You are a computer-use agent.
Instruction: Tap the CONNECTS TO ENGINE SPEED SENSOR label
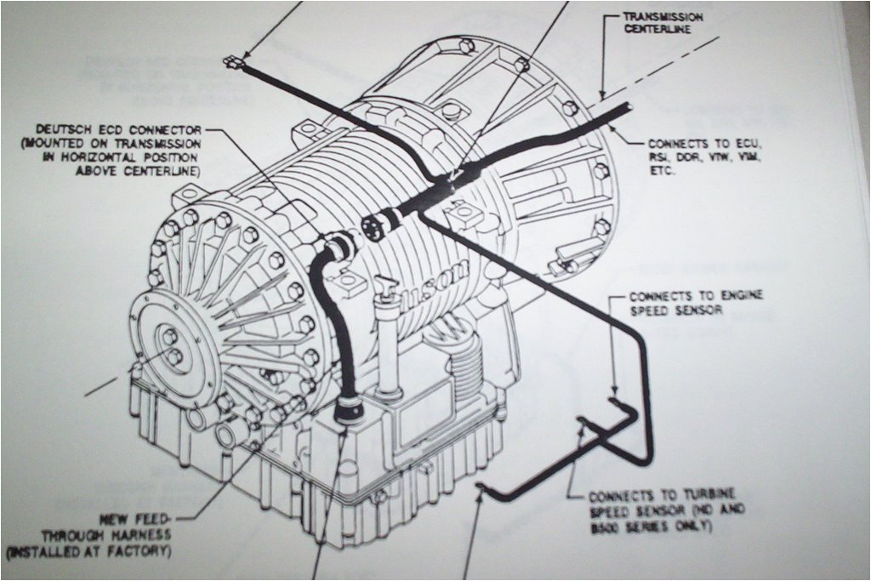tap(696, 303)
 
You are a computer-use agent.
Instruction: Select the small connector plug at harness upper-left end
tap(232, 62)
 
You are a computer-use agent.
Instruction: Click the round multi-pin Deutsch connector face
tap(371, 226)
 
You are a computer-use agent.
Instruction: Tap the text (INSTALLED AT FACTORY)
tap(89, 551)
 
